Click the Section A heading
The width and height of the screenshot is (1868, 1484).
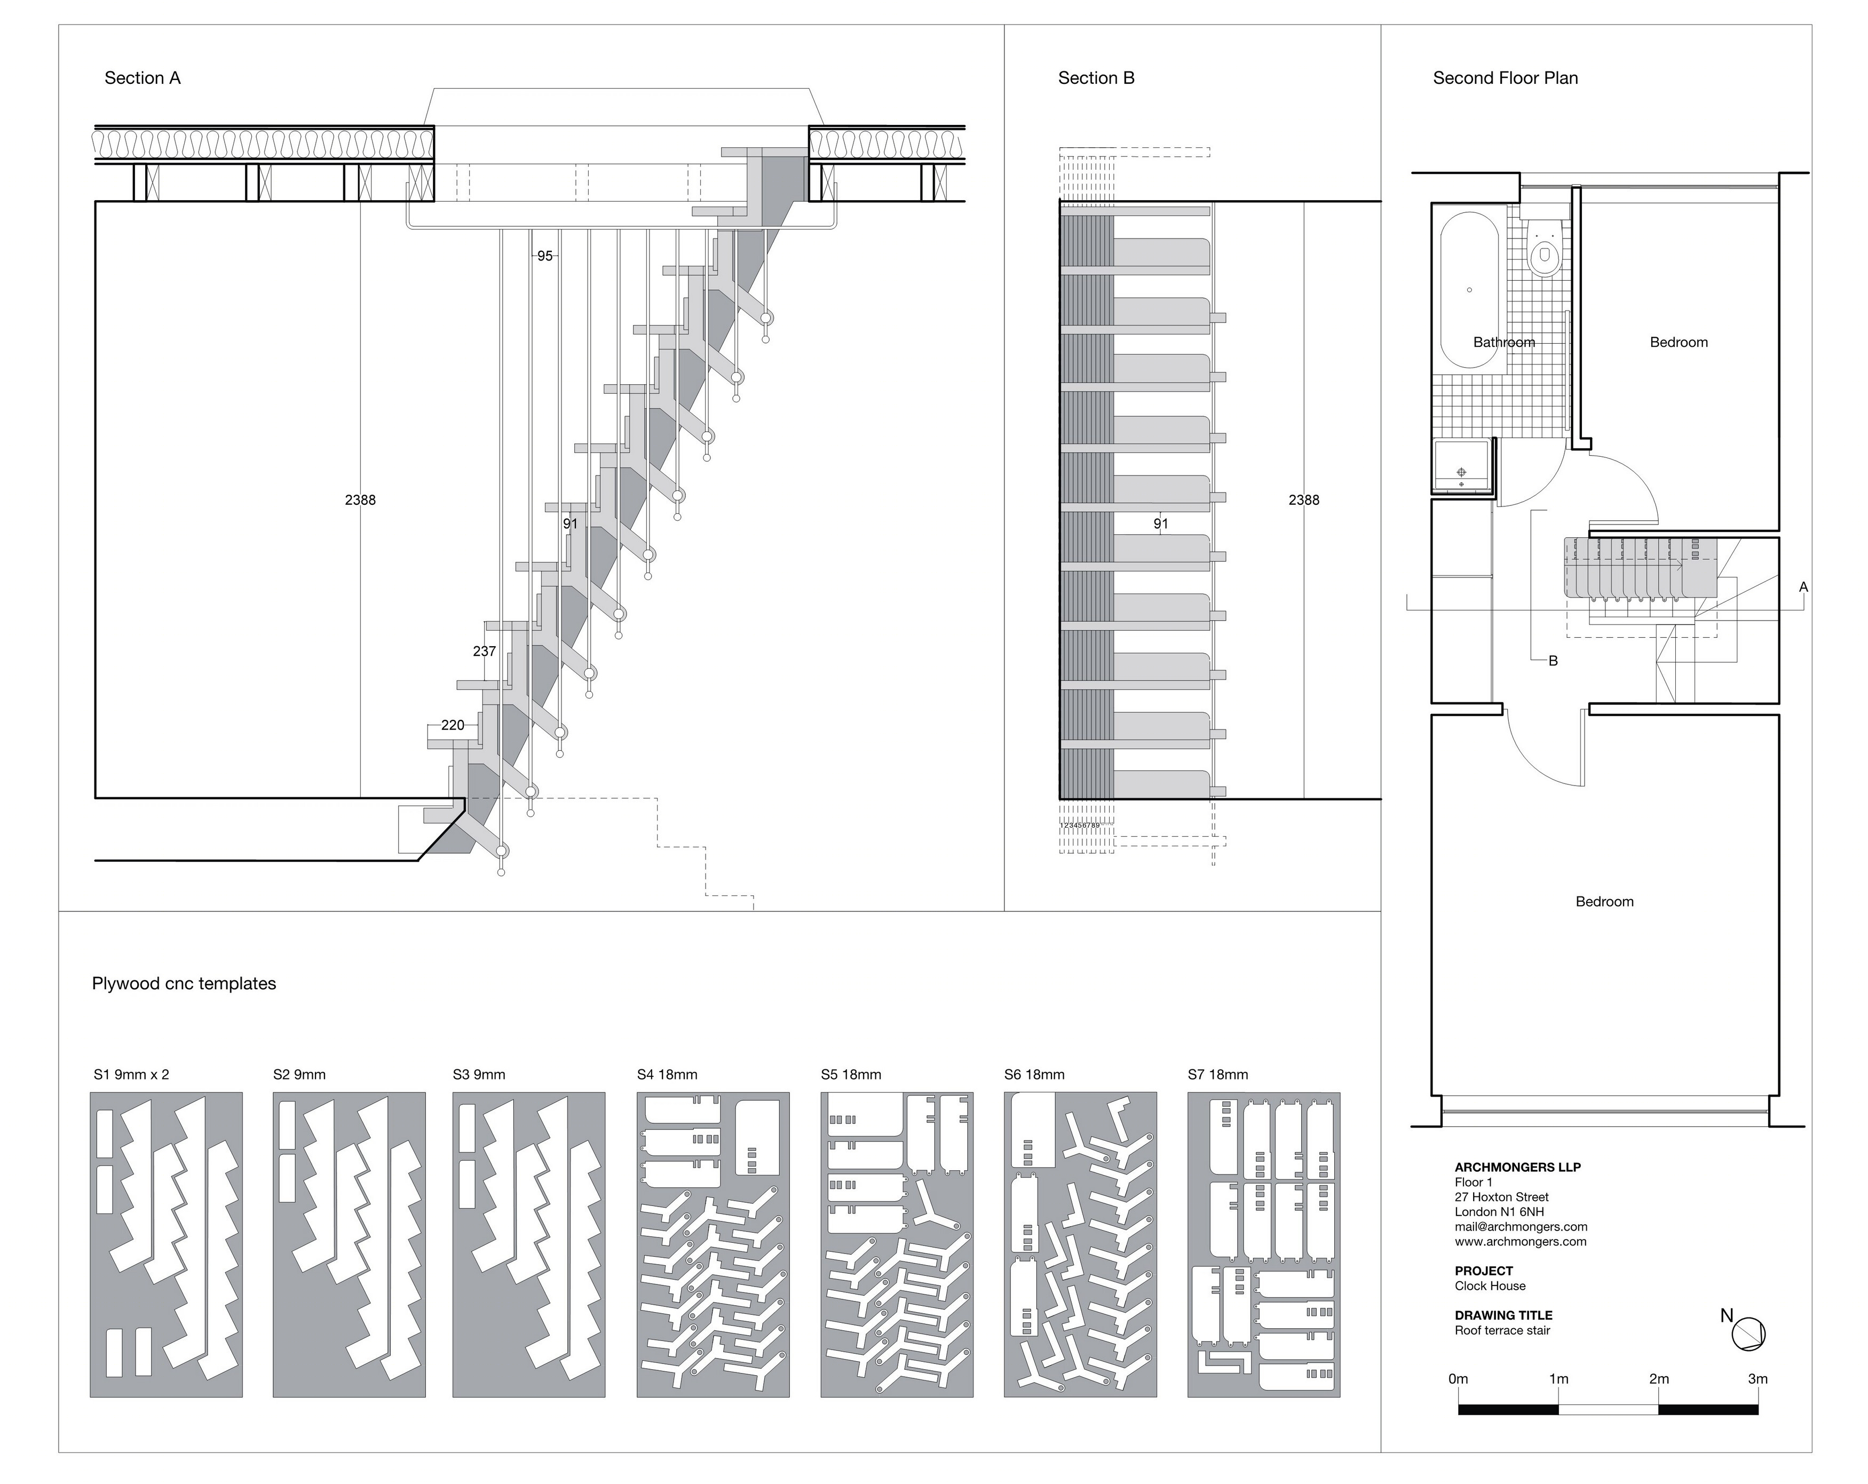tap(142, 78)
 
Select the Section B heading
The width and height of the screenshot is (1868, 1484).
tap(1096, 78)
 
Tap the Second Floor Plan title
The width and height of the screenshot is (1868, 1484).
tap(1505, 78)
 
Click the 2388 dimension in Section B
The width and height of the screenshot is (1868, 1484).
tap(1304, 500)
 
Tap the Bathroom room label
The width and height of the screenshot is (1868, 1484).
tap(1504, 342)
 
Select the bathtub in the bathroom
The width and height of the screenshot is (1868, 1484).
tap(1469, 290)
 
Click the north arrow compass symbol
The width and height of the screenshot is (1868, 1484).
tap(1748, 1334)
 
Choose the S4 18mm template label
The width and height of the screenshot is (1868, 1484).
tap(667, 1074)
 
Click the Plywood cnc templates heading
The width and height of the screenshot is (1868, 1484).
tap(184, 983)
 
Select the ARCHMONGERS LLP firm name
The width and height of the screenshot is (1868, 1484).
tap(1518, 1167)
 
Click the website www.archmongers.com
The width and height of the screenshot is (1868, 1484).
tap(1521, 1241)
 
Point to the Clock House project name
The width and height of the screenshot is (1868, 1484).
tap(1490, 1285)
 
